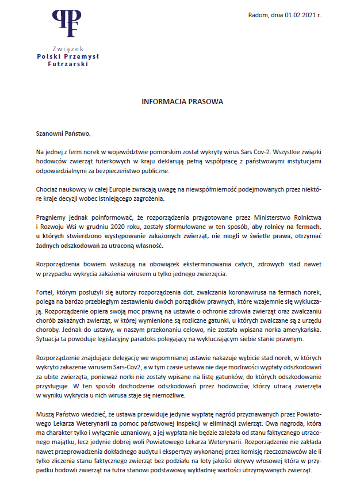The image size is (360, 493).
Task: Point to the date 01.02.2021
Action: pyautogui.click(x=302, y=16)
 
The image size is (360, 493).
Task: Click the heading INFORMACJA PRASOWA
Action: pyautogui.click(x=182, y=101)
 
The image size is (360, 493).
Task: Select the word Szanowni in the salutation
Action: pyautogui.click(x=49, y=134)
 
